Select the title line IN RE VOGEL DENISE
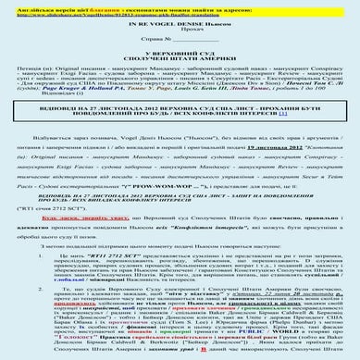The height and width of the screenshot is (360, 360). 180,29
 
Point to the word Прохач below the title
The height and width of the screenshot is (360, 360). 180,37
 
